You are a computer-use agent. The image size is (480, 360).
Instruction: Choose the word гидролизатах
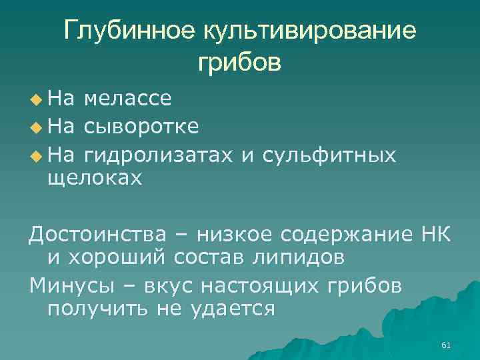[159, 155]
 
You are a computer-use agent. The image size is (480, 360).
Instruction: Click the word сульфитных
[329, 155]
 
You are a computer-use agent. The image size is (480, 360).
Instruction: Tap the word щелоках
[95, 178]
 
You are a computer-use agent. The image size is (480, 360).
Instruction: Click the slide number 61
[446, 345]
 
